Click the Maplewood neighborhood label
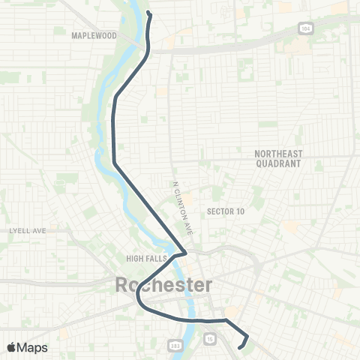pos(95,35)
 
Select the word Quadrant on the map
pos(277,163)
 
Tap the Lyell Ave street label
pos(28,230)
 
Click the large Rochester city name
pos(163,285)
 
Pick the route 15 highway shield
pos(211,340)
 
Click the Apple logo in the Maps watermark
pos(12,346)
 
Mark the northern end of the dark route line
pos(148,13)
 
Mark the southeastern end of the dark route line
pos(239,347)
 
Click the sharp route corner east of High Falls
pos(186,253)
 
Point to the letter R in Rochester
pos(123,285)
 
